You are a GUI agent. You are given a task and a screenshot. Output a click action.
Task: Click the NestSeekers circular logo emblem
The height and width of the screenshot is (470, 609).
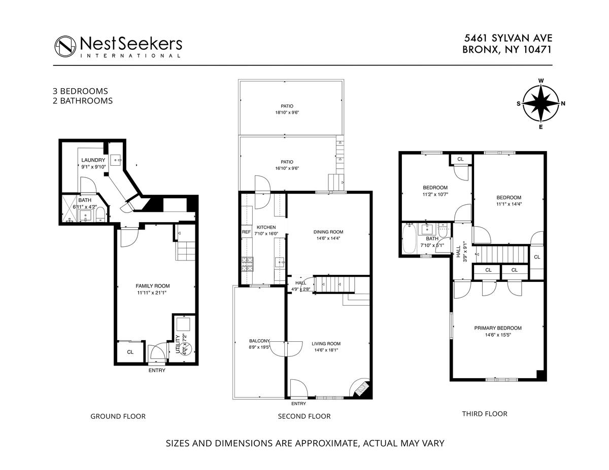tap(65, 47)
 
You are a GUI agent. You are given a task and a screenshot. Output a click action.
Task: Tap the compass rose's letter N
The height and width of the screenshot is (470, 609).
tap(563, 103)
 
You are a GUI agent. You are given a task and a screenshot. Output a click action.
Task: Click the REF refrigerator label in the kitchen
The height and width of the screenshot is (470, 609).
tap(246, 232)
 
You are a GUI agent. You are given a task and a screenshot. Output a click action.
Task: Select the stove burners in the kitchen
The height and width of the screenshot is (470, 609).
tap(248, 264)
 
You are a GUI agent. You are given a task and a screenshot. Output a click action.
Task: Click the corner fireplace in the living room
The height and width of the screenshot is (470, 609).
tap(363, 388)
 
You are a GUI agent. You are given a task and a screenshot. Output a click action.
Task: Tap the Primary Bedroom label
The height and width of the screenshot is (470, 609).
tap(498, 328)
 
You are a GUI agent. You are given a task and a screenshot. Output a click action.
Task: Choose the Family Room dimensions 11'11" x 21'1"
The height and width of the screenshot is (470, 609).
tap(152, 293)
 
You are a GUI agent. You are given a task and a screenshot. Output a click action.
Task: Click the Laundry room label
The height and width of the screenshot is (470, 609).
tap(93, 160)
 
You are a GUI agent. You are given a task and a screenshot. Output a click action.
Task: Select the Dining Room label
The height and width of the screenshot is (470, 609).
tap(328, 232)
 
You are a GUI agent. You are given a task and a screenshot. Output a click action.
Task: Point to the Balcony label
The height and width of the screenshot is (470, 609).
tap(259, 341)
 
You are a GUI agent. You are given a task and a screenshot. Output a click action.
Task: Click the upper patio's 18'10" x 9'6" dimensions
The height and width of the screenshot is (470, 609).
tap(287, 113)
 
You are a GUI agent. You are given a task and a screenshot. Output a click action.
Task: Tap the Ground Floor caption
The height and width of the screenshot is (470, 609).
tap(118, 416)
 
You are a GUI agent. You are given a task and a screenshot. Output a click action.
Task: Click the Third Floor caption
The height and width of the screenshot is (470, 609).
tap(485, 414)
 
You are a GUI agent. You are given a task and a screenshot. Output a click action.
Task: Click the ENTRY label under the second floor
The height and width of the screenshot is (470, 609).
tap(298, 404)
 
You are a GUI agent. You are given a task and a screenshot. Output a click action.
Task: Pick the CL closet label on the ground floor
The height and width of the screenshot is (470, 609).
tap(130, 352)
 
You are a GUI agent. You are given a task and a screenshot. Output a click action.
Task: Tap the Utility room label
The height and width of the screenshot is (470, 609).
tap(178, 344)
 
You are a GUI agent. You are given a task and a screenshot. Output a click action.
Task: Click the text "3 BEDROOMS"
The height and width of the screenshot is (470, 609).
tap(80, 91)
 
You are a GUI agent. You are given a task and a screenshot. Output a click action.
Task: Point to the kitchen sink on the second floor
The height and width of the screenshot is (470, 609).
tap(280, 262)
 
